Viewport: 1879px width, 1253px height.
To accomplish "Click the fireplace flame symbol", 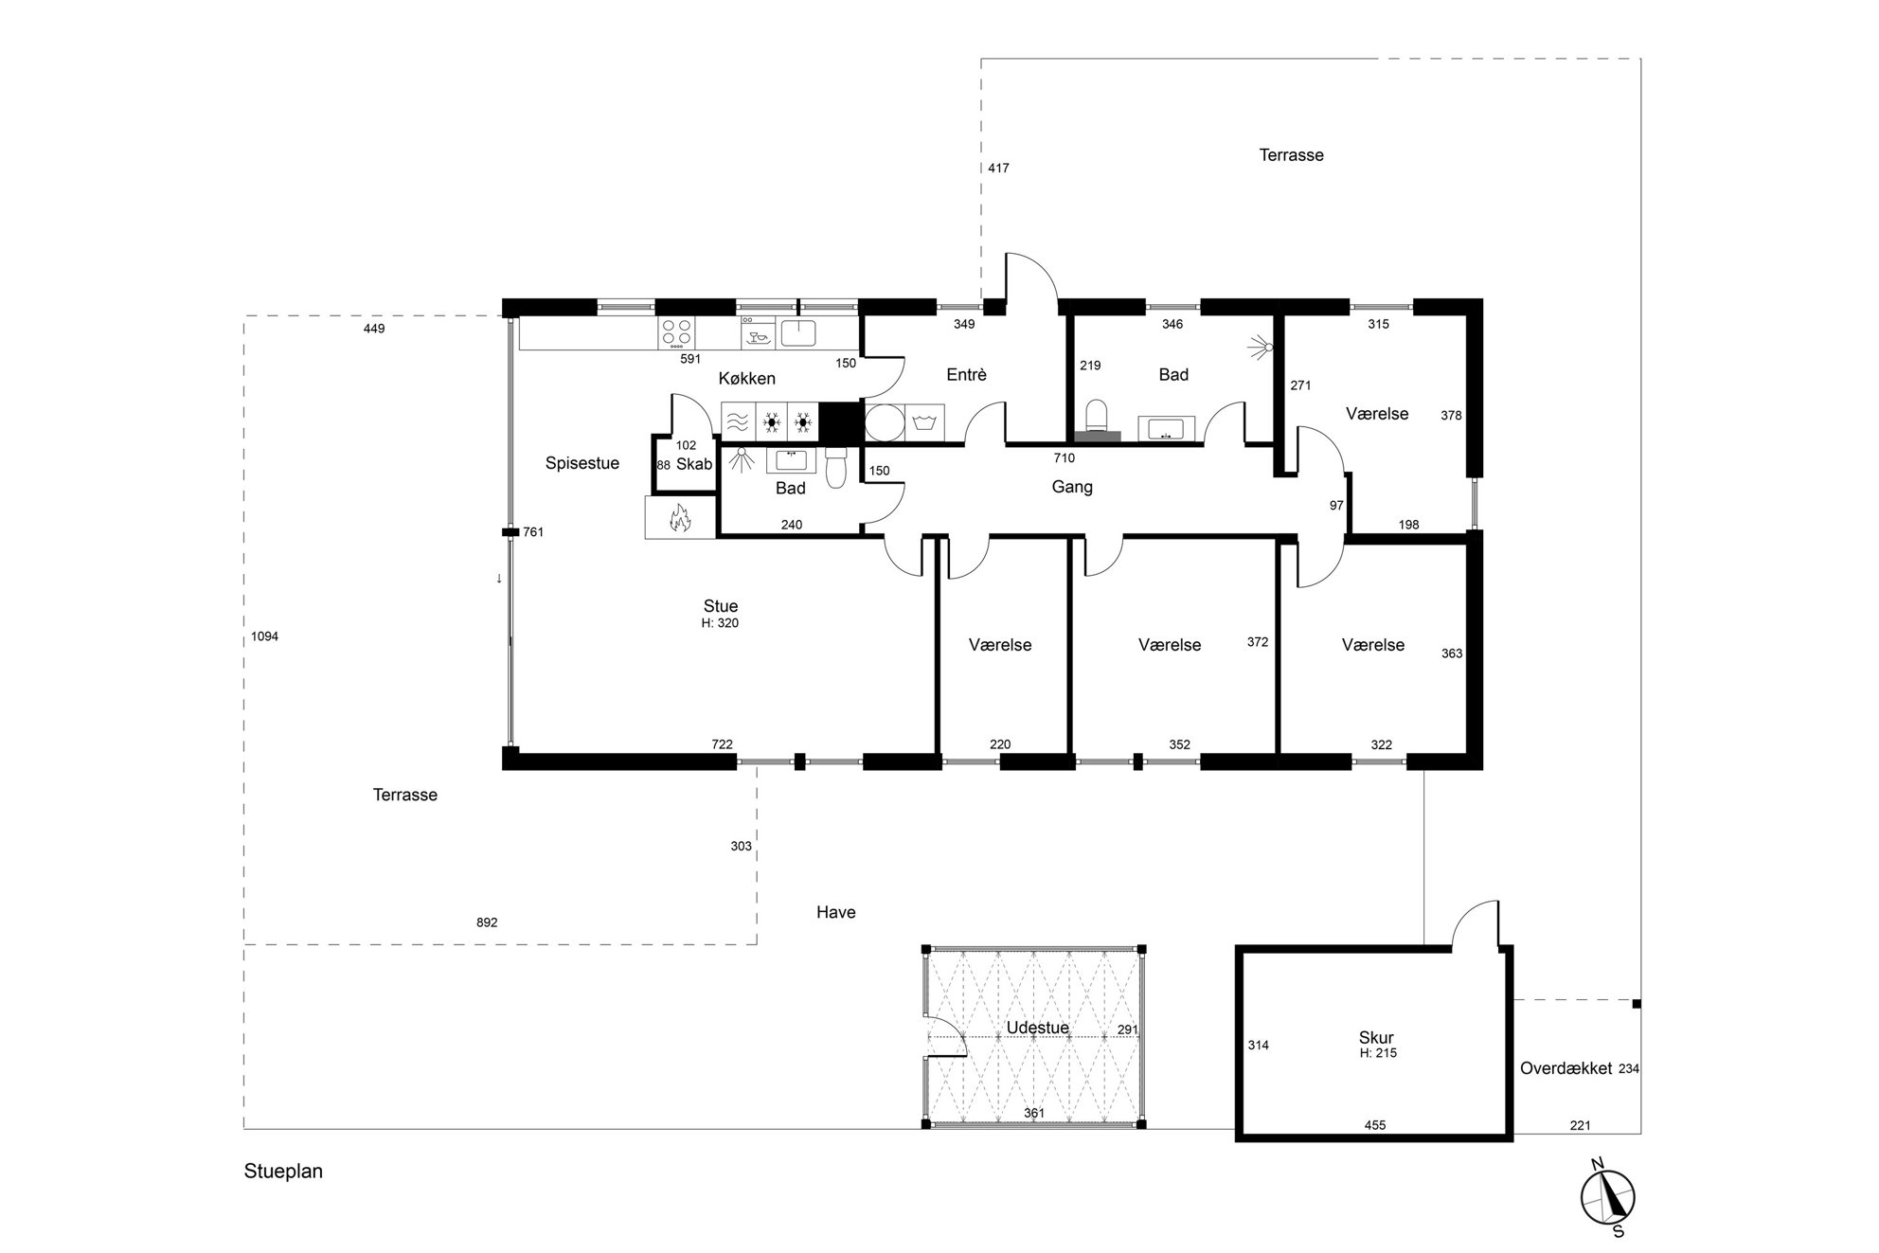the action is [x=677, y=517].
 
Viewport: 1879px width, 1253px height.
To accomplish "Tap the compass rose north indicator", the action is [x=1597, y=1164].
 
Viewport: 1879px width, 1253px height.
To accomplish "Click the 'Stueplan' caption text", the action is [x=283, y=1172].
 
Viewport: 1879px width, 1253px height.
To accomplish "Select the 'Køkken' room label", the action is [x=746, y=379].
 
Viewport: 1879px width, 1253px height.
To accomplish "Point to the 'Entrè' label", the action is [x=966, y=375].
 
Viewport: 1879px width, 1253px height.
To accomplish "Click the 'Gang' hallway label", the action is [x=1072, y=487].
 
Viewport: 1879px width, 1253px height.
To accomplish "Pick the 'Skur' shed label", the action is [x=1375, y=1038].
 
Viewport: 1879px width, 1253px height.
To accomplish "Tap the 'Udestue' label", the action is [x=1038, y=1028].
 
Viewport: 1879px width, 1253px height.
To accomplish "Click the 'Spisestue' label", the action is [x=582, y=463].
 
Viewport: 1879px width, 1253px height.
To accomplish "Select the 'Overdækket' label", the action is [x=1566, y=1068].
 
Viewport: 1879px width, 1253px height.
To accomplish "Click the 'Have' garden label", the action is [x=836, y=912].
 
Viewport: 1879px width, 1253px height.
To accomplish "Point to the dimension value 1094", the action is [x=265, y=636].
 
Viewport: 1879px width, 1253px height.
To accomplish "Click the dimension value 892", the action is [x=487, y=922].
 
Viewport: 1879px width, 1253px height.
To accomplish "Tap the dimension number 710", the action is [x=1065, y=458].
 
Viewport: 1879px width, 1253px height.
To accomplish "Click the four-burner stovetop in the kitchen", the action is [x=676, y=331].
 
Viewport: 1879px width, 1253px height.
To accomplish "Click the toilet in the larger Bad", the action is [x=1097, y=418].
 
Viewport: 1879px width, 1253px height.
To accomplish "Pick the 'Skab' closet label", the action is [x=694, y=464].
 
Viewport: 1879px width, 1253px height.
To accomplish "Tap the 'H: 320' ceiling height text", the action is [x=720, y=623].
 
